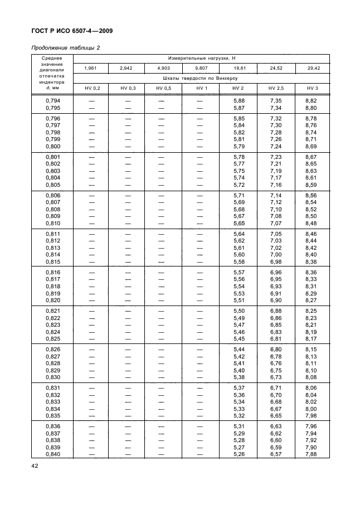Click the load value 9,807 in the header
[201, 68]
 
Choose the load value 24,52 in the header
[276, 68]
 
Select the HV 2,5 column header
[276, 88]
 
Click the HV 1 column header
[201, 88]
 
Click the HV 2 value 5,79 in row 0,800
[239, 146]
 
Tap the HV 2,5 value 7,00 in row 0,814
[276, 254]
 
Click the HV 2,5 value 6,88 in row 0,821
[276, 311]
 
